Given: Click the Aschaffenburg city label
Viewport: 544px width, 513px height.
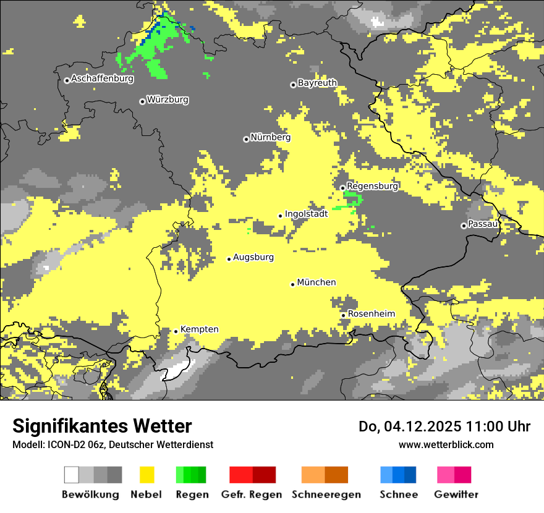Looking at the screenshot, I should (102, 78).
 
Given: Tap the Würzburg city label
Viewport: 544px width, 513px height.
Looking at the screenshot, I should (168, 100).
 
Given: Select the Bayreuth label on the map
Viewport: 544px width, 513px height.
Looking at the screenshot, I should (317, 83).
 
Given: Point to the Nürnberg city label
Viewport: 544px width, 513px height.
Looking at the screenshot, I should (270, 137).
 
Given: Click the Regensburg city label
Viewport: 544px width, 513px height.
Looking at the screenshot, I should (372, 186).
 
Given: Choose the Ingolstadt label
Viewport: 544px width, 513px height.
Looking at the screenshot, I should (306, 214).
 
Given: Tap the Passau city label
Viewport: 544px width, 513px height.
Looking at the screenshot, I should (483, 224).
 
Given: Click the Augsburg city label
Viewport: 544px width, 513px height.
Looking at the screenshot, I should (253, 257).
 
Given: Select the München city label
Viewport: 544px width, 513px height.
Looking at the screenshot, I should (317, 282).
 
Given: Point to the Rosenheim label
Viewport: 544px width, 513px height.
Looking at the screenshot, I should (371, 314).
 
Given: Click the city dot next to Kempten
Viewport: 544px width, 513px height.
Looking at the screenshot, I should (176, 331).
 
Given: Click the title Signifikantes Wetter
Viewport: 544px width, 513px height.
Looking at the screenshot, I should (102, 426).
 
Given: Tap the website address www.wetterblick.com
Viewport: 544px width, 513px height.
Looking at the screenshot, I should (446, 444).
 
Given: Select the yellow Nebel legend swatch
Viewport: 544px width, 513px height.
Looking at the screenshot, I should (147, 475).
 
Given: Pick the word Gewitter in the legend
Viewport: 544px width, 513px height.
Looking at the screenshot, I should (456, 494).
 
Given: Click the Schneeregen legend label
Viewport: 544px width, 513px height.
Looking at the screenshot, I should (326, 494).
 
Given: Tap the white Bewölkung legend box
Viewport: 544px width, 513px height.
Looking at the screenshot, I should (72, 475).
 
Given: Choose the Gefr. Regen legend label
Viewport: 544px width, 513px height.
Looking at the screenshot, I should (252, 494).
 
